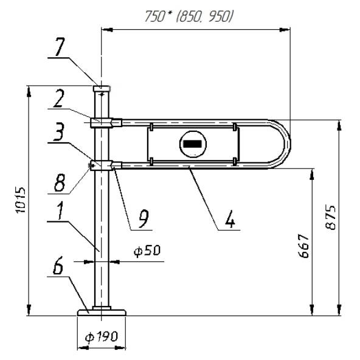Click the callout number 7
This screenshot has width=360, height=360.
(60, 47)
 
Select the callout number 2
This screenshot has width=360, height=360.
(58, 99)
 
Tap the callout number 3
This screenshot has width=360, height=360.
(58, 131)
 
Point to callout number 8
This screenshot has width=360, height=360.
(60, 183)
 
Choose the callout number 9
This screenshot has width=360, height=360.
(144, 219)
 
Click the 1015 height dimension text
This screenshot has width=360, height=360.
(21, 201)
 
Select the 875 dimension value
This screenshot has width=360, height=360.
(331, 217)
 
